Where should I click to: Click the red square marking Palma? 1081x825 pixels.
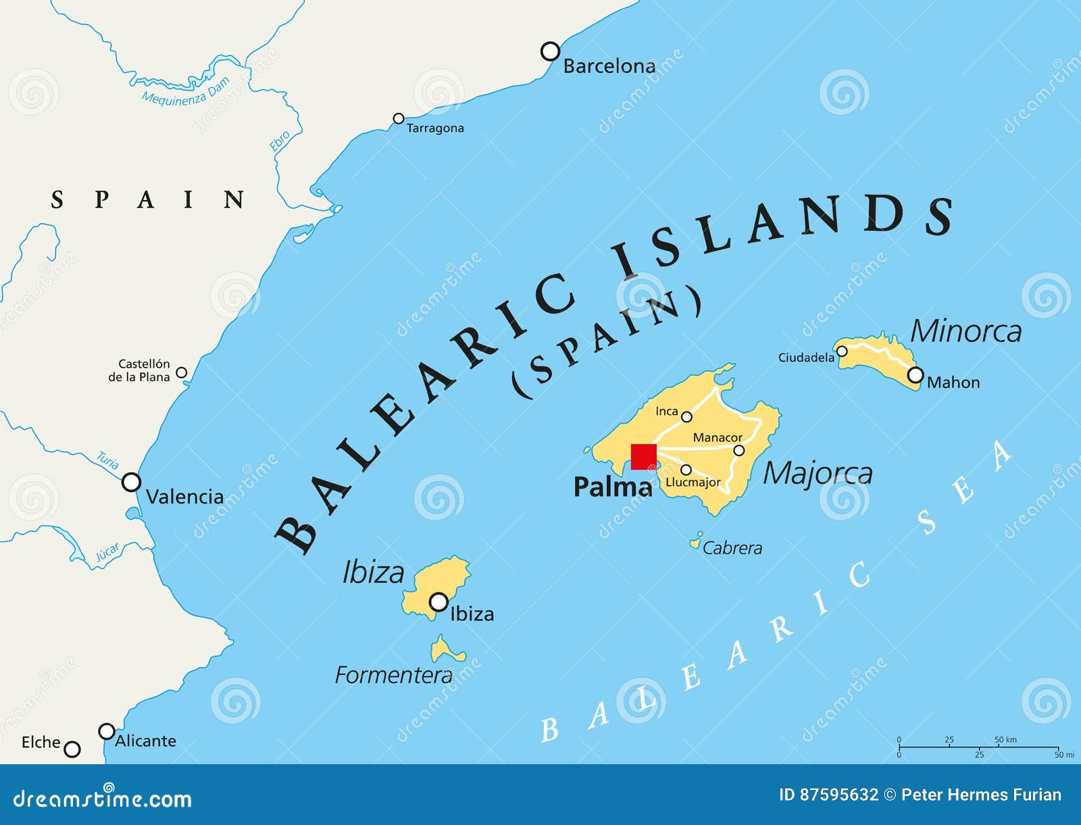(x=643, y=456)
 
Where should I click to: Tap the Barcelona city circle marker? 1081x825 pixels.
(x=551, y=51)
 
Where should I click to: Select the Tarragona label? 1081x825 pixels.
(x=435, y=128)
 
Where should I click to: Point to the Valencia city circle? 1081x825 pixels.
(x=131, y=482)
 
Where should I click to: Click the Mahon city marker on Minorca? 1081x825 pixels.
(x=915, y=375)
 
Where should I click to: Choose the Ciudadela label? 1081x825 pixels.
(x=806, y=357)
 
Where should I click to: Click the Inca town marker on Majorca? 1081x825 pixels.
(x=686, y=417)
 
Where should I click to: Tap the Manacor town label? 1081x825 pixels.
(x=718, y=438)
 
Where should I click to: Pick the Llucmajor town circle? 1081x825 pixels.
(x=686, y=470)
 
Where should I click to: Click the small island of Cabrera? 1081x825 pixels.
(x=695, y=541)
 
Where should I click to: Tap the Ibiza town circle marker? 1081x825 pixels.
(x=439, y=601)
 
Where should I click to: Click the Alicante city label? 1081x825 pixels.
(x=145, y=741)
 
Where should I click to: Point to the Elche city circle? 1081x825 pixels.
(x=72, y=749)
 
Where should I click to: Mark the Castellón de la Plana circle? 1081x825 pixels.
(x=181, y=372)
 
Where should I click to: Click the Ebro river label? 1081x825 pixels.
(x=280, y=141)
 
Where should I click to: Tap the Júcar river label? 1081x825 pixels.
(x=107, y=552)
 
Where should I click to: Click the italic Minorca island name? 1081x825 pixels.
(x=965, y=332)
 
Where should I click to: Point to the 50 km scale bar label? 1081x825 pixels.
(x=1005, y=740)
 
